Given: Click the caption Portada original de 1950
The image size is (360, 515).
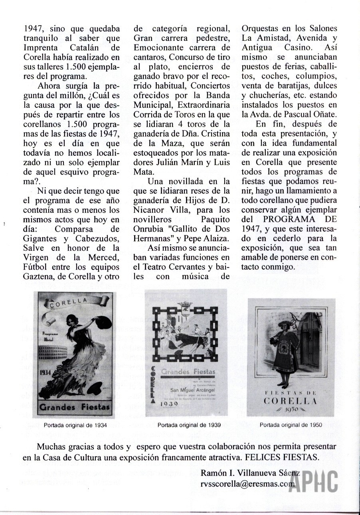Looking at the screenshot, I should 291,425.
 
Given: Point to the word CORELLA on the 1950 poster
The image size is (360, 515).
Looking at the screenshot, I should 290,400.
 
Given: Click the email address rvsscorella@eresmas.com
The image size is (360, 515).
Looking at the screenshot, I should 248,483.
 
